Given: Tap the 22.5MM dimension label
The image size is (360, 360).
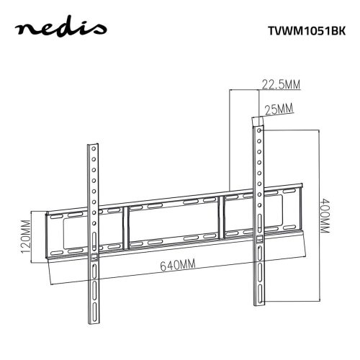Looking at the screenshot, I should (280, 85).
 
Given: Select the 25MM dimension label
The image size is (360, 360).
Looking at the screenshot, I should (279, 109).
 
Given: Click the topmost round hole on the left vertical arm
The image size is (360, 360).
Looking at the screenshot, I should (93, 150).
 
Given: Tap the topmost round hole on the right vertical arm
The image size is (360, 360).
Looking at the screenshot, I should (257, 132).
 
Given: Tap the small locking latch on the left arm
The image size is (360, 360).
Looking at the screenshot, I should (94, 254).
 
